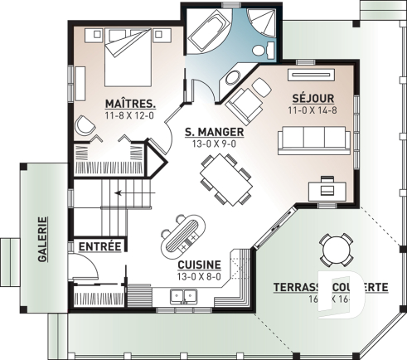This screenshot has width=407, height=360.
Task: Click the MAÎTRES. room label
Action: click(x=132, y=103)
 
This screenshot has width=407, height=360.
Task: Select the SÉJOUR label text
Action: click(x=308, y=97)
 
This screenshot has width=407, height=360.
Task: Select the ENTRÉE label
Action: click(x=100, y=246)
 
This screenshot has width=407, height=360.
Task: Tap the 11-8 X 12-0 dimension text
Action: click(x=132, y=115)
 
